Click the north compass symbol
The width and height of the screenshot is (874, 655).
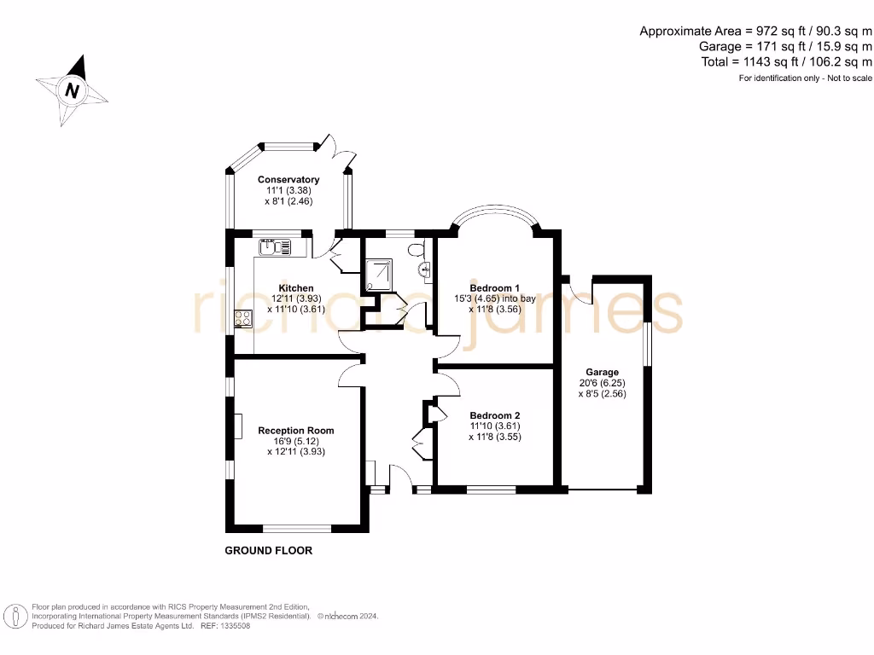[x=73, y=90]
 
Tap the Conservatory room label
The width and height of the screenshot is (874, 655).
[x=288, y=180]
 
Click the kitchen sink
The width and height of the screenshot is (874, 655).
[x=275, y=247]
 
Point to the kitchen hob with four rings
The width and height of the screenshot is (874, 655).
[x=243, y=319]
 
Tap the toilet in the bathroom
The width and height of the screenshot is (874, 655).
[x=416, y=250]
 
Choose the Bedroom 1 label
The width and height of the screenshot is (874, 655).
[x=495, y=288]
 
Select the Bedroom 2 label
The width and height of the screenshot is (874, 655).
[x=494, y=414]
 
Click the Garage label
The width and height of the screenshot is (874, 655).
[x=602, y=373]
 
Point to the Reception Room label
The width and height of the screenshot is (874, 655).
[x=296, y=431]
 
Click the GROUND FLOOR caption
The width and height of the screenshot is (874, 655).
[x=268, y=551]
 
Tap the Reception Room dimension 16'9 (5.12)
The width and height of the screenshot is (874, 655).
[x=296, y=441]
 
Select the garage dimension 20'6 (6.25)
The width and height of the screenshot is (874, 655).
[x=602, y=383]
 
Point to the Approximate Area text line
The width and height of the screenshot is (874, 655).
[x=755, y=31]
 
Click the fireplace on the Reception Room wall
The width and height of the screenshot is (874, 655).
[x=238, y=426]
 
